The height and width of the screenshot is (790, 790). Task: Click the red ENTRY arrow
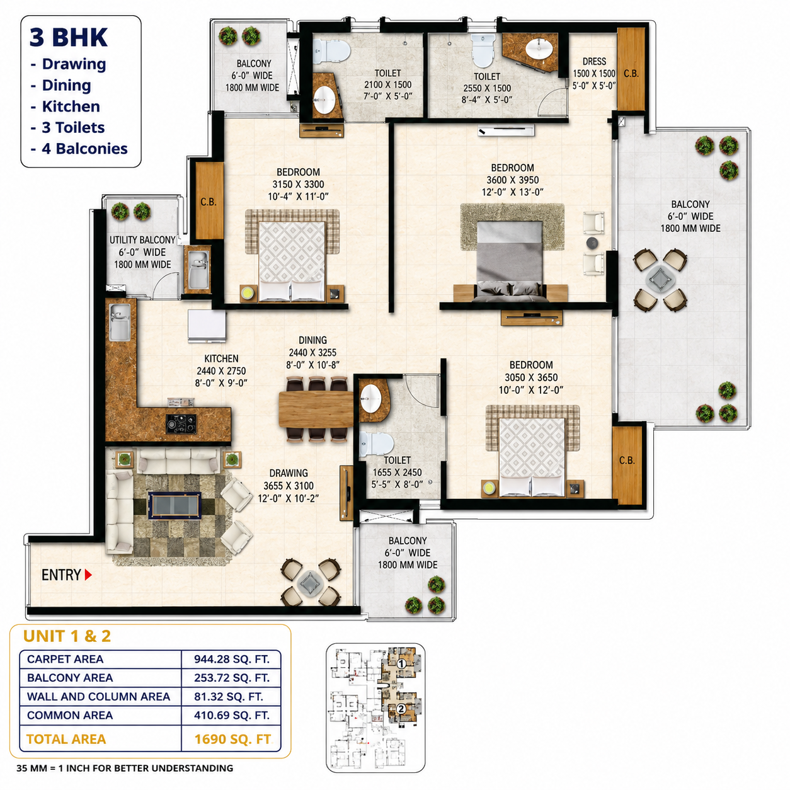[x=88, y=575]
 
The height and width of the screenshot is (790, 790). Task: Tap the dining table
[x=316, y=409]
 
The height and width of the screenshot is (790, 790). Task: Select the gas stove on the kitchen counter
[x=181, y=423]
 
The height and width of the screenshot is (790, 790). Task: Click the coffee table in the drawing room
[x=175, y=506]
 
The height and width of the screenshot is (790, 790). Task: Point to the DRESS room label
[x=594, y=62]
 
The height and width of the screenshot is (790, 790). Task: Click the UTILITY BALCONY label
[x=142, y=240]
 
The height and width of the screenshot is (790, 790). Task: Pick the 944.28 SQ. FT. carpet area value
[x=232, y=659]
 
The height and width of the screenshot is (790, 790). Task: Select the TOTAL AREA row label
[x=66, y=739]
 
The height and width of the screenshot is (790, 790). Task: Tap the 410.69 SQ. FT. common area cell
[x=232, y=716]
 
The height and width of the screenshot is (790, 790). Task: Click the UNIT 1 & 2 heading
[x=67, y=636]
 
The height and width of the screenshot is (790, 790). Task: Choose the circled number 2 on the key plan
[x=401, y=709]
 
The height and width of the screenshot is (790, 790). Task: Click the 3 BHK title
[x=69, y=37]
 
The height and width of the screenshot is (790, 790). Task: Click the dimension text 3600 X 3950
[x=512, y=180]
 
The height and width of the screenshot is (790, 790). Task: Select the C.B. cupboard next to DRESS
[x=631, y=69]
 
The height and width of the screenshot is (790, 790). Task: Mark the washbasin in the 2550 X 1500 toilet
[x=539, y=49]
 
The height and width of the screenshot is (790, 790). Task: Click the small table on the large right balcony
[x=660, y=280]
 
